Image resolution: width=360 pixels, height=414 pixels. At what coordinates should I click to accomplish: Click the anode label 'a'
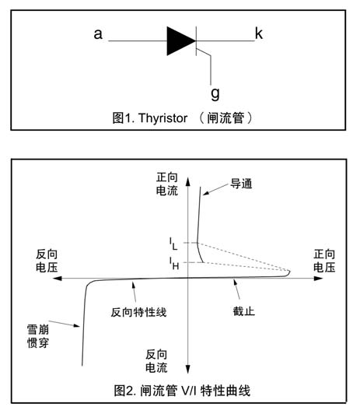point(98,34)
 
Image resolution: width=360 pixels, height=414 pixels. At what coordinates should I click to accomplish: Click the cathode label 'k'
point(259,33)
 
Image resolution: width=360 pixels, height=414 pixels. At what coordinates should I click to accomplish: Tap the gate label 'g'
point(215,93)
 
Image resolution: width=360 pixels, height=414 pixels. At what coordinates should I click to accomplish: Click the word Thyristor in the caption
point(163,118)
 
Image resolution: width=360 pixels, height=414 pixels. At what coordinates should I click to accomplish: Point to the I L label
point(173,244)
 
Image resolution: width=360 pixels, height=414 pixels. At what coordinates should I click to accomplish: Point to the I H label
point(174,263)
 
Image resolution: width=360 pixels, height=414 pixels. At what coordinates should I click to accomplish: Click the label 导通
point(241,184)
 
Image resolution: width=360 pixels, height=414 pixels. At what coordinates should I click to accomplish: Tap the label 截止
point(243,311)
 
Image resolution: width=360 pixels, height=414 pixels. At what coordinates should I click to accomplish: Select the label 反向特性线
point(138,312)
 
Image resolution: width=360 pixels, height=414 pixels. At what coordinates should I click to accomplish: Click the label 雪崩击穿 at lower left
point(38,336)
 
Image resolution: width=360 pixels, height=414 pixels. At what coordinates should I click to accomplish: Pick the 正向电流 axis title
point(167,184)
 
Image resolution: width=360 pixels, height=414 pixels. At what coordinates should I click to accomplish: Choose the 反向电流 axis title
point(156,361)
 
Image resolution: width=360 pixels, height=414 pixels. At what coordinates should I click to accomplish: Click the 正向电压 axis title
point(324,261)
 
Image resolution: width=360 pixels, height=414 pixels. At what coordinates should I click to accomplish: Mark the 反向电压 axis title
point(47,261)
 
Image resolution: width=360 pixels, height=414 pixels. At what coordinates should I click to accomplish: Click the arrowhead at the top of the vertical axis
point(188,181)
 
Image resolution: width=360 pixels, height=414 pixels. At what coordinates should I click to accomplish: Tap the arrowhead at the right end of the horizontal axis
point(319,279)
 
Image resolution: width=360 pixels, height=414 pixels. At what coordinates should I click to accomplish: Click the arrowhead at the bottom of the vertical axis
point(188,369)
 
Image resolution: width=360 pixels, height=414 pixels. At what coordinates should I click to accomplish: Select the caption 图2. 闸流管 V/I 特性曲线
point(182,391)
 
